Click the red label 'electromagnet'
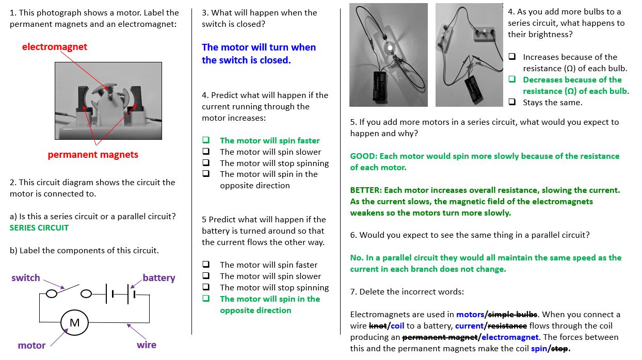click(54, 47)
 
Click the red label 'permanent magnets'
click(93, 155)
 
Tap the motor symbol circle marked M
click(75, 323)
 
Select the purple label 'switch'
click(26, 278)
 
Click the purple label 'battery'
click(159, 278)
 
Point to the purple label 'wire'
click(147, 345)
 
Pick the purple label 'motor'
click(31, 346)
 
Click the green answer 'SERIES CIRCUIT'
click(39, 228)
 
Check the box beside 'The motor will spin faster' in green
click(206, 140)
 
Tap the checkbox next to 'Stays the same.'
click(512, 102)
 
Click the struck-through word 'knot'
click(378, 326)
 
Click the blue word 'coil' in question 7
click(397, 326)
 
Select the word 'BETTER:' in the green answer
click(366, 190)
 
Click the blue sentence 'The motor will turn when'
click(259, 47)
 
